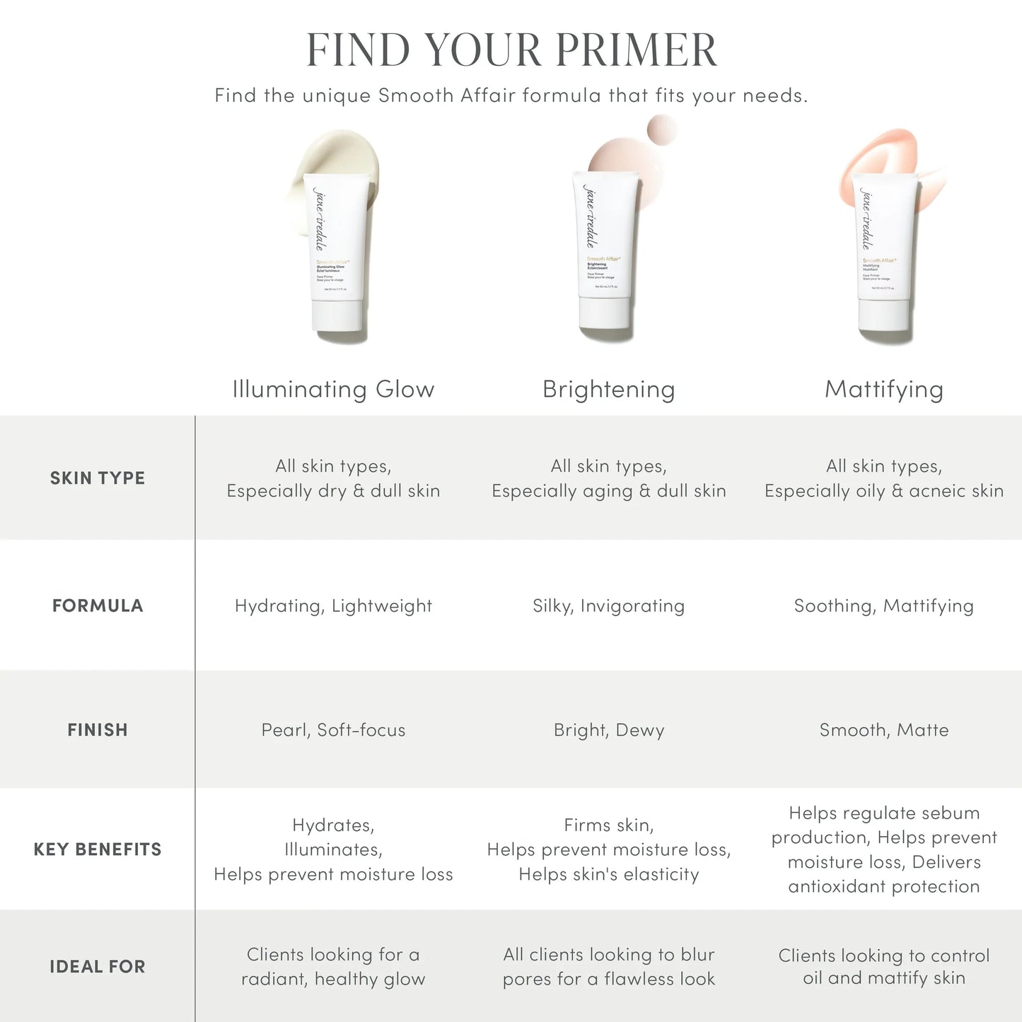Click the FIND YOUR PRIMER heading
[511, 50]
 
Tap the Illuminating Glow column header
[333, 389]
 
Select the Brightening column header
[608, 389]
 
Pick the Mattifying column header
[883, 389]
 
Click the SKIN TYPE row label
[98, 478]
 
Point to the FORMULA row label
[98, 605]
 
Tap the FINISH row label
[98, 730]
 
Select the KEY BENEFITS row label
[98, 849]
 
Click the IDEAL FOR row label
[98, 967]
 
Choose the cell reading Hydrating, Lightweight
[333, 605]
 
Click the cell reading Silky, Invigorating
[608, 605]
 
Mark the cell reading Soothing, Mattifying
[883, 605]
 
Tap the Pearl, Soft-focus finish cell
[333, 730]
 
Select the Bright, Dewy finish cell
[608, 730]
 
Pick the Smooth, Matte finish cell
[883, 730]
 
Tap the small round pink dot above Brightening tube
[662, 130]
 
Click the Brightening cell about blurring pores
[608, 967]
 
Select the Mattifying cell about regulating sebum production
[883, 849]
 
